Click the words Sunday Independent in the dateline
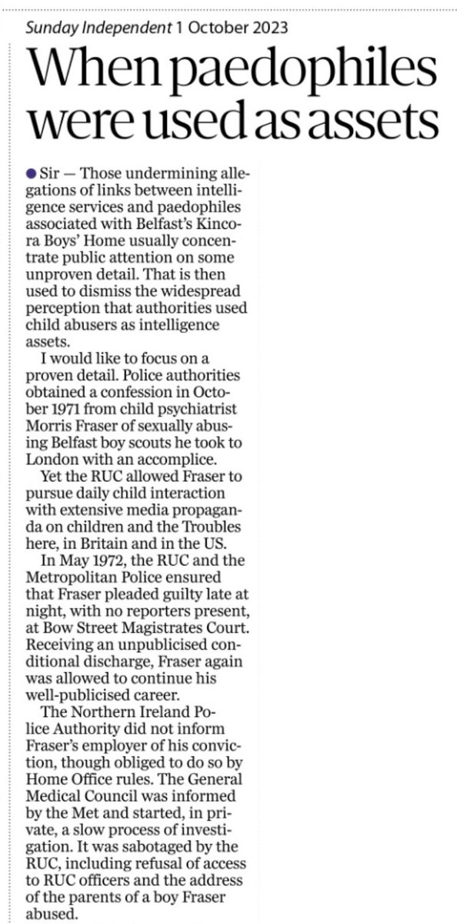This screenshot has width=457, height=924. point(98,29)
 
